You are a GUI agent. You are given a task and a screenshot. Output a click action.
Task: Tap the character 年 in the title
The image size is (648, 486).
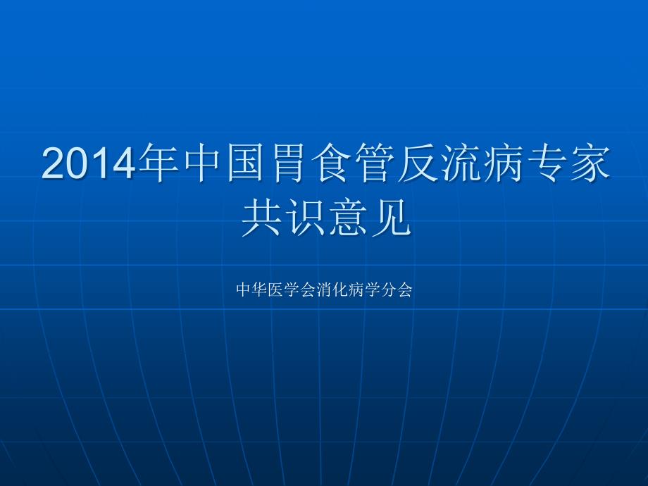[x=158, y=163]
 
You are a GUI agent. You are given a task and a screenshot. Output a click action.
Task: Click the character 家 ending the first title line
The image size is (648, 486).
[x=588, y=163]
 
